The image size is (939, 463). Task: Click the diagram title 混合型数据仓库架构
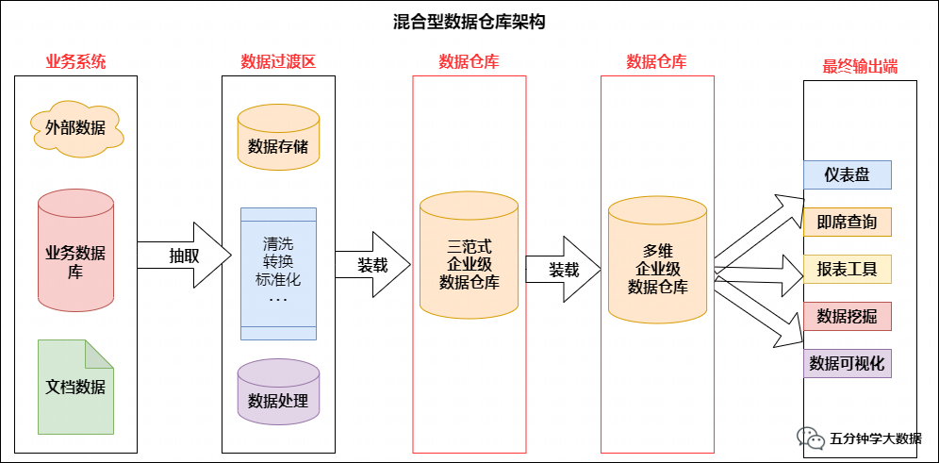469,22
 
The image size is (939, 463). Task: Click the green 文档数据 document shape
76,387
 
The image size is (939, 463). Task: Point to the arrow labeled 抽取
185,256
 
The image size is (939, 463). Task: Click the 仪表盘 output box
847,174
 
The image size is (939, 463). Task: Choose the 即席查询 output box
847,223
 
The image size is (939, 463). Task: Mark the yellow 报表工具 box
847,270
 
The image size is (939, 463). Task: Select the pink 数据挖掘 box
847,317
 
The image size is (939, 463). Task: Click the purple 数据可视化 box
847,364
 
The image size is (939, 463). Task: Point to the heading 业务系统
76,62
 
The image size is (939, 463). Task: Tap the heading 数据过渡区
278,62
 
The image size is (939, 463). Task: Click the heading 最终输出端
860,67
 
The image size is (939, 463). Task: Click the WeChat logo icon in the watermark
809,438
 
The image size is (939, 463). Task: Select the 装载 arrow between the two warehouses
563,270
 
